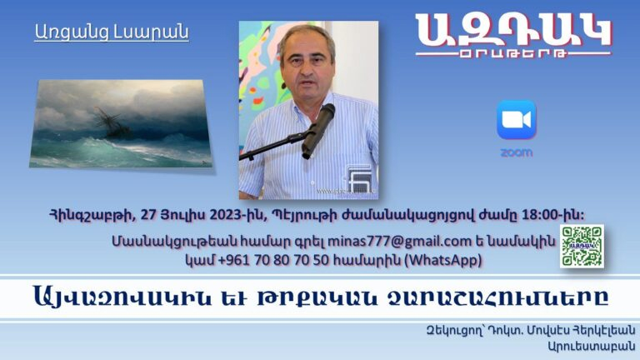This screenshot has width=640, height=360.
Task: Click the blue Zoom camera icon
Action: click(x=517, y=120)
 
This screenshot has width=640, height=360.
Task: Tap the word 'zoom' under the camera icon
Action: click(x=517, y=152)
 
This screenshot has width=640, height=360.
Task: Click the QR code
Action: click(x=582, y=246)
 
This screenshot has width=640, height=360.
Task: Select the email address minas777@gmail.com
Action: click(x=400, y=241)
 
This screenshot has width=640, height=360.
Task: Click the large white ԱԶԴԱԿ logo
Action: click(x=513, y=30)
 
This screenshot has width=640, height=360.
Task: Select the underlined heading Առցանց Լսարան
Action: click(x=112, y=32)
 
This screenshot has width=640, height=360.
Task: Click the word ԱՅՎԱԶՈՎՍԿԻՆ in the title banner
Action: click(x=122, y=297)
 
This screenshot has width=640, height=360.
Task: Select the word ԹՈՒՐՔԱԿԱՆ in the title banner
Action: click(x=317, y=297)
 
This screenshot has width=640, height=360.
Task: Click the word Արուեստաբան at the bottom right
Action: click(x=592, y=347)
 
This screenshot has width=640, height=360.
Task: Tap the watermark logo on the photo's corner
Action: click(x=359, y=177)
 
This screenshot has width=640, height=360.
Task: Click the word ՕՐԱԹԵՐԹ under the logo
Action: click(x=513, y=53)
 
